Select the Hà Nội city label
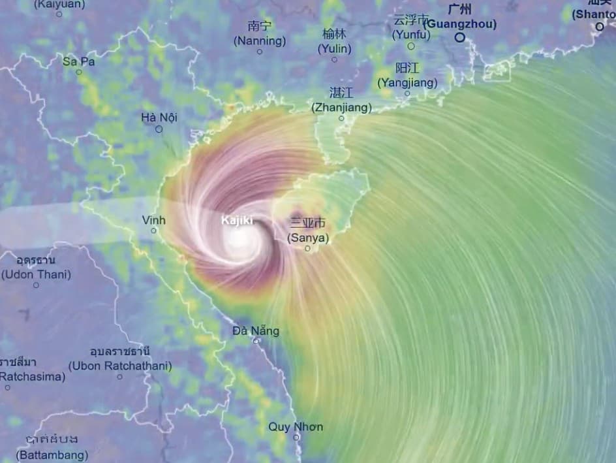point(159,118)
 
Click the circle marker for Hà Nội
point(159,129)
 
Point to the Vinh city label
point(154,220)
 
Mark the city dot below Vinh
point(154,231)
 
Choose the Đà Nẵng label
point(256,330)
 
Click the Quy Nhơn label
point(296,427)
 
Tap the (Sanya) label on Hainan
point(308,238)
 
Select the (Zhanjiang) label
point(341,107)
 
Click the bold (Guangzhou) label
point(460,24)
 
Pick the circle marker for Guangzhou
point(460,37)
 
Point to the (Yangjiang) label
point(407,83)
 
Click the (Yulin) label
point(334,48)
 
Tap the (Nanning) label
point(260,40)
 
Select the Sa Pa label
point(79,61)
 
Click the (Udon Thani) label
point(36,274)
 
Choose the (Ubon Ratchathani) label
point(120,366)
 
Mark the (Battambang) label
point(52,454)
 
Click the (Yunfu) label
point(411,35)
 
